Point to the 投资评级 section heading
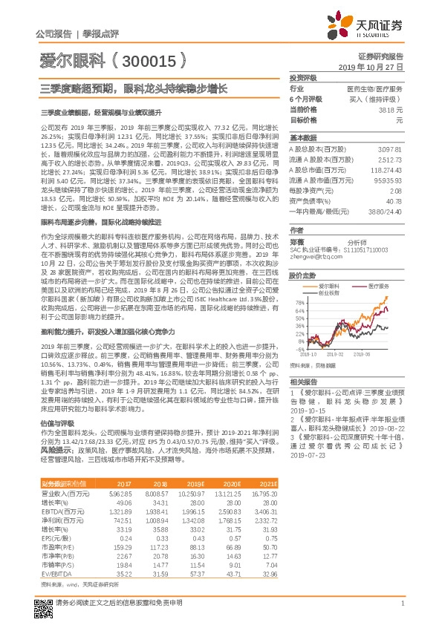(x=303, y=77)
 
